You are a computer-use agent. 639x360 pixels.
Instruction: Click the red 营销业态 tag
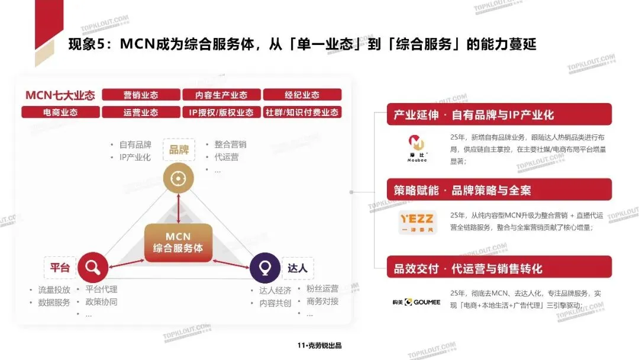141,95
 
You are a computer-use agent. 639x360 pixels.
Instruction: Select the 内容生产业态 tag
221,95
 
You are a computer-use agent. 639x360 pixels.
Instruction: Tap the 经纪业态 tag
302,95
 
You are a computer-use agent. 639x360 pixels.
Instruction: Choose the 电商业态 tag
60,112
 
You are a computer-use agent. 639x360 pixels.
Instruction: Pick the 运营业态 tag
141,112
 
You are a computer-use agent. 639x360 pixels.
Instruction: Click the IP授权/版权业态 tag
221,112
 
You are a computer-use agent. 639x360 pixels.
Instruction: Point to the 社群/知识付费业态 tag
302,112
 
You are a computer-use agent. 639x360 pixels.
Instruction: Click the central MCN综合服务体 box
178,243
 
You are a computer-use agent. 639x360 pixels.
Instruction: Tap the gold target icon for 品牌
178,178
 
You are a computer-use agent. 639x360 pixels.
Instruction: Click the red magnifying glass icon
92,268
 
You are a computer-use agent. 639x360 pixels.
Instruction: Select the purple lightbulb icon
264,268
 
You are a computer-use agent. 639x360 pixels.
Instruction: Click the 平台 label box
60,268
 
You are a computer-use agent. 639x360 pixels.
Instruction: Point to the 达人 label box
298,268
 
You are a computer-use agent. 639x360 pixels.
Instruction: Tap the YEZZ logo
418,222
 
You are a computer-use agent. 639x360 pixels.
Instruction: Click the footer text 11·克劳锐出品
319,346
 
